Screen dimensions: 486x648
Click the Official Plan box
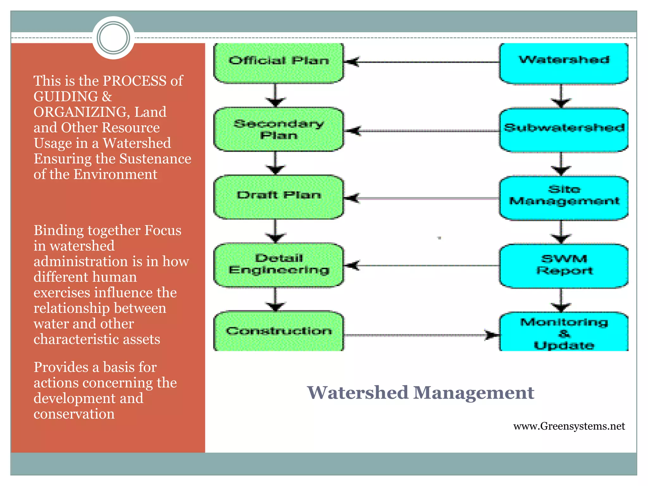[x=278, y=63]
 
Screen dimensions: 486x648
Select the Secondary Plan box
[x=278, y=129]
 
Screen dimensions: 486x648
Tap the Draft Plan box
[x=278, y=196]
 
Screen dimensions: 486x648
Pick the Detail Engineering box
[x=278, y=265]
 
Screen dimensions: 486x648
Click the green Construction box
[x=278, y=331]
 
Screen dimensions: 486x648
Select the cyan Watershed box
[x=564, y=63]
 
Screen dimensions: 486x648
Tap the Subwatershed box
[x=564, y=129]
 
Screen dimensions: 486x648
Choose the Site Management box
[x=564, y=198]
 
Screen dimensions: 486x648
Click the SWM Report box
[x=564, y=265]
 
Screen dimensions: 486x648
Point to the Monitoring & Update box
[x=564, y=332]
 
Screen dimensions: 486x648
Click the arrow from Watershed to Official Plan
[x=421, y=62]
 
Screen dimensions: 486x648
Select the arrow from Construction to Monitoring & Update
[x=421, y=335]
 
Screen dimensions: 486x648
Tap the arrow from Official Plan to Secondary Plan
[x=275, y=95]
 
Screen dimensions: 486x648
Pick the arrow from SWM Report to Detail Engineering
[x=421, y=265]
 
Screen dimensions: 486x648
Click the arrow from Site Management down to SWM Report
[x=561, y=232]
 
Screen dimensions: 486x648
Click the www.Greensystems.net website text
[x=569, y=426]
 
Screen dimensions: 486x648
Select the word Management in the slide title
[x=473, y=393]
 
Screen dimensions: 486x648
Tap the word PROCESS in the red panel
[x=135, y=81]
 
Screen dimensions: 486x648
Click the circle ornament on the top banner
[x=113, y=38]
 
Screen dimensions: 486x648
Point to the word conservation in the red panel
[x=74, y=414]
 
